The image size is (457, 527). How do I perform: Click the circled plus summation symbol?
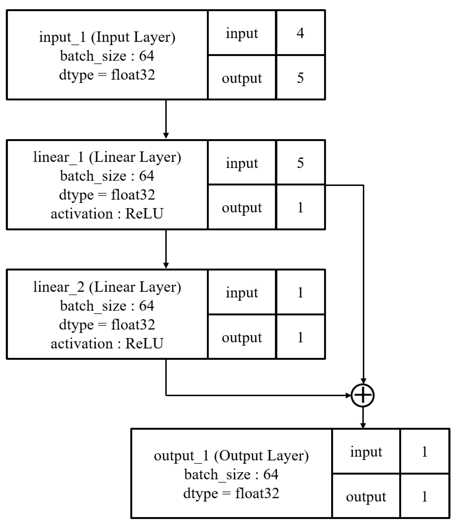(x=363, y=395)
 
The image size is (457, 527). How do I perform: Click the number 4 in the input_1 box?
(x=300, y=33)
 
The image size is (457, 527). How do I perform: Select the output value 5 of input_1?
(x=300, y=78)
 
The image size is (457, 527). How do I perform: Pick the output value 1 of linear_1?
(x=300, y=207)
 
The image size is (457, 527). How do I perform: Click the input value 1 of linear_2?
(x=300, y=293)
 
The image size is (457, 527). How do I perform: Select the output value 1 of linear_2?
(x=300, y=337)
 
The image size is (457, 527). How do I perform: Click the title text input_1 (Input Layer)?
(x=107, y=37)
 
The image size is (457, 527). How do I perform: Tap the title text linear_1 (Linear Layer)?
(x=107, y=157)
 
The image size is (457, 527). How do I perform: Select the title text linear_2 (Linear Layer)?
(x=107, y=287)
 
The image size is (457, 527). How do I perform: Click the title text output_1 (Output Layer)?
(x=231, y=456)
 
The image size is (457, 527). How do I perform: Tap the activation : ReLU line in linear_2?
(x=107, y=344)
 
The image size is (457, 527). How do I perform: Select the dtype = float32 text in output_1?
(x=231, y=493)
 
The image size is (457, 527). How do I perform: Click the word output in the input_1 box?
(x=242, y=78)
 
